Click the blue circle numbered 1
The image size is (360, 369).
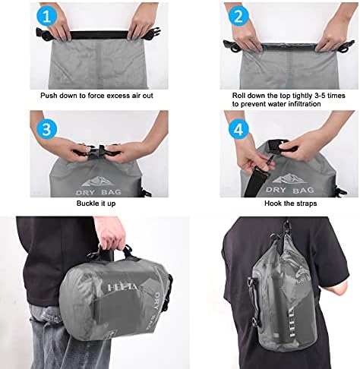(x=46, y=15)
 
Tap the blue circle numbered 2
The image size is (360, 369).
(x=238, y=15)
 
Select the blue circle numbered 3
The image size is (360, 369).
(x=46, y=129)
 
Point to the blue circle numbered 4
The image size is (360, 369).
(x=238, y=129)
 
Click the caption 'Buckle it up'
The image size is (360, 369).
(x=96, y=203)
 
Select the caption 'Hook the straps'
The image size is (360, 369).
(x=290, y=203)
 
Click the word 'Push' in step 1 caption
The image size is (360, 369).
(x=48, y=96)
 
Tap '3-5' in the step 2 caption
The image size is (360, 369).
(x=321, y=96)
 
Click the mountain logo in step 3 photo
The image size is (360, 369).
(x=98, y=181)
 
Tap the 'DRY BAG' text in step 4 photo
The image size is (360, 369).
(x=290, y=190)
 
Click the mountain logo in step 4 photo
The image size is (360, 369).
(x=288, y=178)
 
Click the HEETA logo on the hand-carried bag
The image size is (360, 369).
(x=122, y=287)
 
